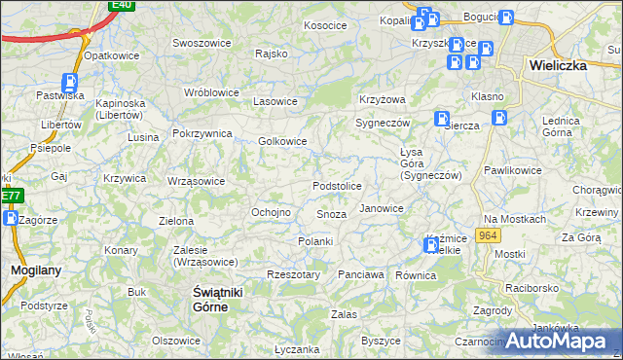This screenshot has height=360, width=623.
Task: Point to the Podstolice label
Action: [337, 186]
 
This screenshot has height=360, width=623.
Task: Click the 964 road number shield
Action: [489, 235]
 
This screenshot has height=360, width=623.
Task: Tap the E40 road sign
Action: [121, 5]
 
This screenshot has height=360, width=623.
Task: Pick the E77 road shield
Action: [10, 196]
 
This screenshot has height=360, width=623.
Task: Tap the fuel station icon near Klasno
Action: [499, 117]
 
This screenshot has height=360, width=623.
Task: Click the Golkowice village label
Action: [282, 141]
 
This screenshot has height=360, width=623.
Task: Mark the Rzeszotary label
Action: [293, 275]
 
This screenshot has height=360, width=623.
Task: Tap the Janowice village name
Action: [382, 208]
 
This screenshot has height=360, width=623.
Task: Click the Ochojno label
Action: [271, 212]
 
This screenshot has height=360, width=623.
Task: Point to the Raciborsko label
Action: [532, 289]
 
